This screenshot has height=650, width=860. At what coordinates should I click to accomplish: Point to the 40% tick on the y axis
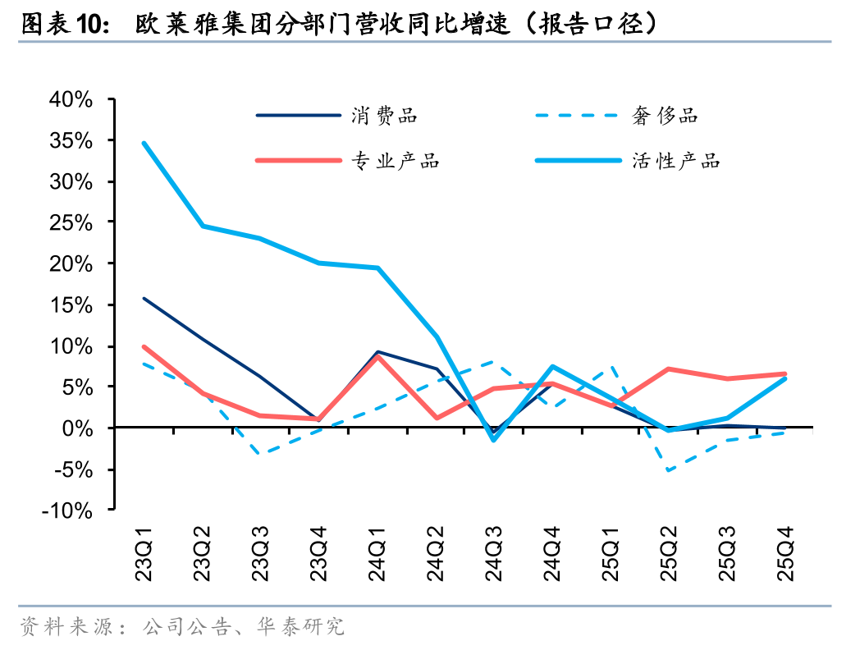click(71, 100)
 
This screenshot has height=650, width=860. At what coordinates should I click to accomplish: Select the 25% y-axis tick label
click(71, 223)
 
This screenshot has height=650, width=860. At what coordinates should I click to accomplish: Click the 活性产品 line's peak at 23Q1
click(144, 143)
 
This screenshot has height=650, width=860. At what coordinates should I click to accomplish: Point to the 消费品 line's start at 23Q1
click(144, 298)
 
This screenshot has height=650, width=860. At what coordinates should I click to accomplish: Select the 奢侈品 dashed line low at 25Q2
click(669, 470)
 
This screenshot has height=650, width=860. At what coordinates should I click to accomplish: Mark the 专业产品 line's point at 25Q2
click(669, 369)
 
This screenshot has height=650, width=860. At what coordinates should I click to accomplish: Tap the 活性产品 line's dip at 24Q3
click(494, 440)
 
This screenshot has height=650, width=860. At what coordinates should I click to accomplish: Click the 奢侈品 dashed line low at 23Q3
click(261, 453)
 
